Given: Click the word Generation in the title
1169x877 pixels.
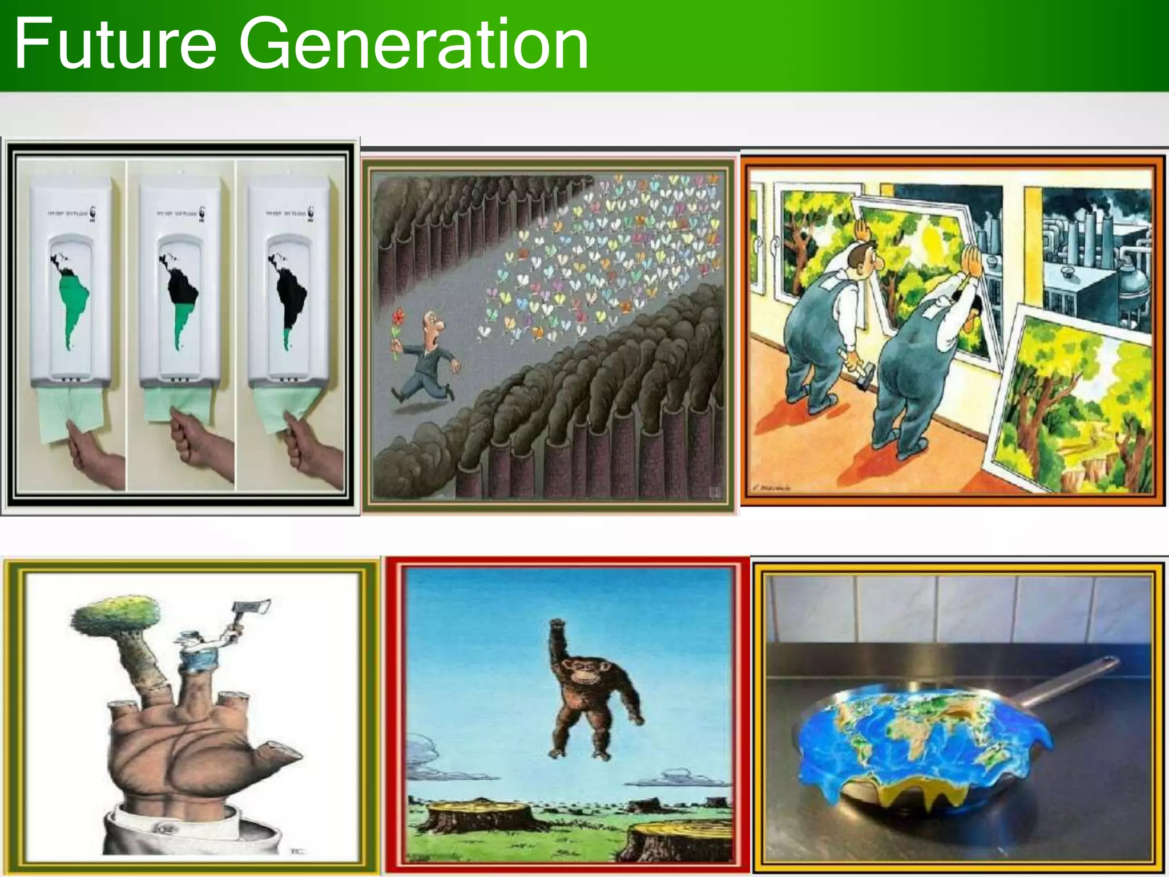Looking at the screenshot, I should [x=414, y=45].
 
